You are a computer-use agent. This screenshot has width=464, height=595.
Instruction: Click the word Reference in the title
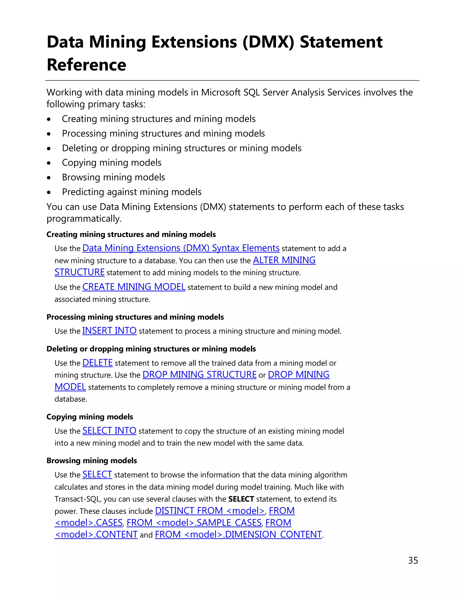[86, 65]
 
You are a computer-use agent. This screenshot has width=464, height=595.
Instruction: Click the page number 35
[413, 560]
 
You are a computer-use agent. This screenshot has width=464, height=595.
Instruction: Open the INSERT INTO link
[109, 330]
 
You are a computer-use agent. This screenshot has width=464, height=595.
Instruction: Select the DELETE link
[97, 363]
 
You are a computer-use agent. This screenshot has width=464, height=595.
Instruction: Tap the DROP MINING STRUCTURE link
[199, 375]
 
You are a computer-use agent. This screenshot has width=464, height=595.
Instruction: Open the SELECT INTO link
[109, 430]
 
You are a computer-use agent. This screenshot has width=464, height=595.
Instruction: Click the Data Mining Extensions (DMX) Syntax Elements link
[181, 248]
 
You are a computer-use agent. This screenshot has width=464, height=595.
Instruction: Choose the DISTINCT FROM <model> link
[210, 510]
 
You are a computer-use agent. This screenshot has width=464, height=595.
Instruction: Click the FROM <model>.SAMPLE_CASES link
[194, 522]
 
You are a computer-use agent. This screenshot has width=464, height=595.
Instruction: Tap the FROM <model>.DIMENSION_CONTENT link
[238, 534]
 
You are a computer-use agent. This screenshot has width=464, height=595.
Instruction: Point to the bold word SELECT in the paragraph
[241, 499]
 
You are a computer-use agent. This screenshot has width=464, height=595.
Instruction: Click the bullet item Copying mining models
[112, 163]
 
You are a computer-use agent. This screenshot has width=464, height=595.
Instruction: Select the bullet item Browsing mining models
[113, 177]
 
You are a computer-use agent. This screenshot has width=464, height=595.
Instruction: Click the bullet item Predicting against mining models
[132, 192]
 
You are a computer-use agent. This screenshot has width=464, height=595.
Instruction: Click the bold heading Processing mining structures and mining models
[135, 317]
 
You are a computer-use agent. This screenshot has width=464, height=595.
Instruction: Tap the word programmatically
[84, 219]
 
